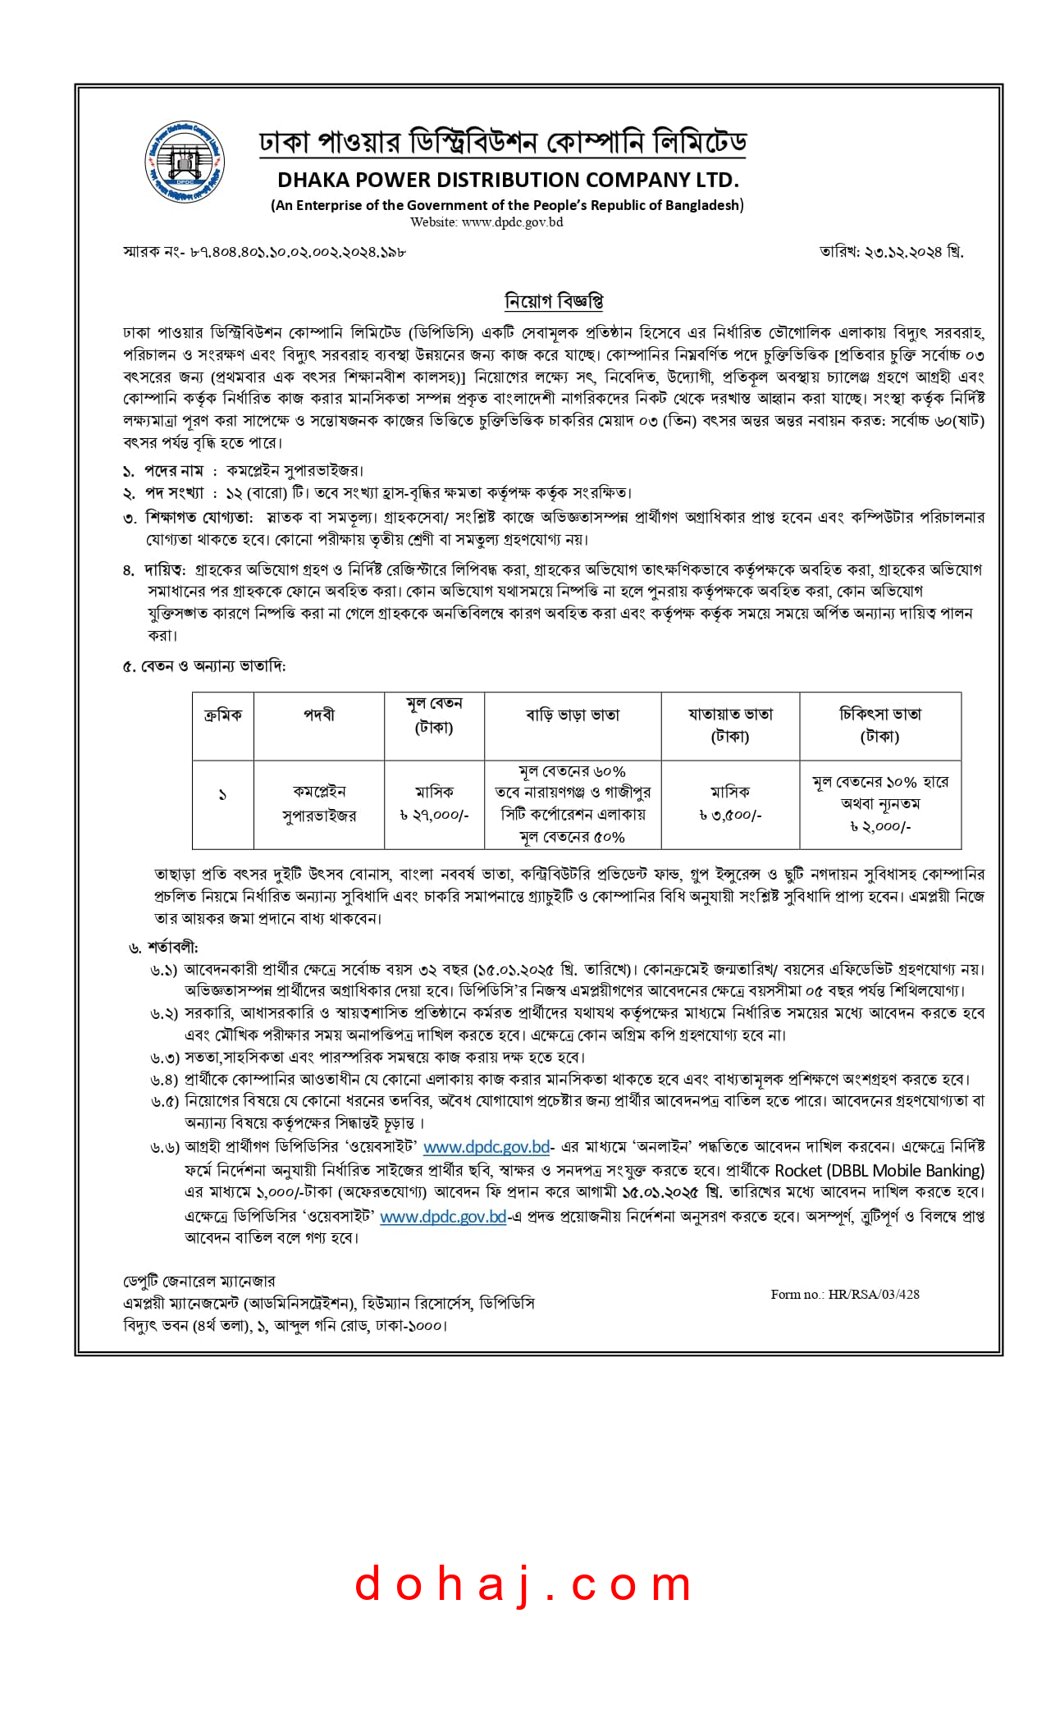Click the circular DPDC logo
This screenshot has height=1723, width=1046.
tap(185, 162)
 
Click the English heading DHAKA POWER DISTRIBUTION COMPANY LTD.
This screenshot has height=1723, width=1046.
tap(508, 180)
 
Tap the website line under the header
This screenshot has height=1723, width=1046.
tap(486, 222)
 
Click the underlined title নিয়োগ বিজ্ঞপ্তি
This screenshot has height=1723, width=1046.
tap(554, 301)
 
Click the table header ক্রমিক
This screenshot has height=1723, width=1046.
tap(223, 715)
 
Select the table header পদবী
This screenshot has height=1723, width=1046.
tap(319, 715)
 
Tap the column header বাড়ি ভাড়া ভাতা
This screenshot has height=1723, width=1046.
tap(573, 715)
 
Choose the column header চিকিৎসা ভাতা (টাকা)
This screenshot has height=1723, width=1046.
tap(880, 725)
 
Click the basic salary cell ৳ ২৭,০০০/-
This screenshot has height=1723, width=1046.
tap(434, 816)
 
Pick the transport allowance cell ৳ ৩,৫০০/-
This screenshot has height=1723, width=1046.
tap(730, 816)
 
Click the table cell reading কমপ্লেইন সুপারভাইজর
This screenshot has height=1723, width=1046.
tap(319, 803)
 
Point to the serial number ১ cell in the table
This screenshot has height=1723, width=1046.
tap(222, 795)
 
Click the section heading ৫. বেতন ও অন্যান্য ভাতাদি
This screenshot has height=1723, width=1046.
tap(204, 666)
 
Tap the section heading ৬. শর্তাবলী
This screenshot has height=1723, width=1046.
tap(163, 948)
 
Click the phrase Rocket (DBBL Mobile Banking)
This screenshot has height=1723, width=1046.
tap(879, 1170)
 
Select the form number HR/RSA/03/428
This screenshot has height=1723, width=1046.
tap(845, 1294)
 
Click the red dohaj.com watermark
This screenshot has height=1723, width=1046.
tap(523, 1584)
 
